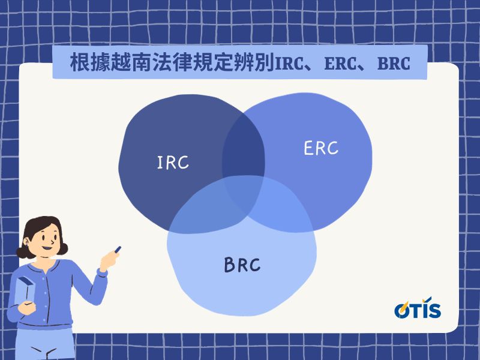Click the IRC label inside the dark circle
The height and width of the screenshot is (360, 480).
[x=173, y=162]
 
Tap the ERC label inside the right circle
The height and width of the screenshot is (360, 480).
[x=321, y=148]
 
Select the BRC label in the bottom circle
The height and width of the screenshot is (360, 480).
[x=242, y=265]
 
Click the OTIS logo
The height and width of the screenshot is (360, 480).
[x=418, y=309]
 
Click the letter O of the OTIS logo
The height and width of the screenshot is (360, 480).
[x=402, y=310]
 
